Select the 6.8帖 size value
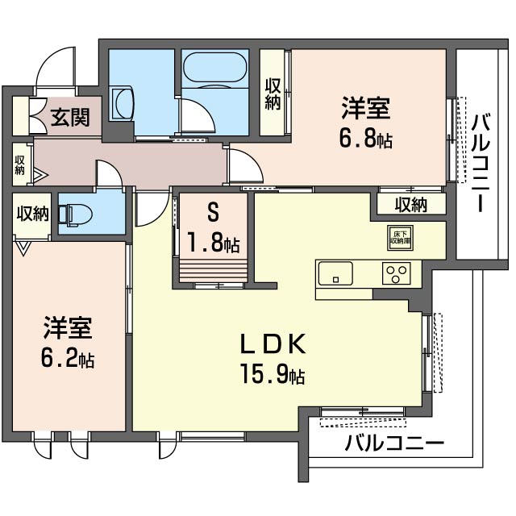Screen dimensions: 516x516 367,139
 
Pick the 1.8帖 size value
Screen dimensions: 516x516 214,243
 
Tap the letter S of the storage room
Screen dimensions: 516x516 214,214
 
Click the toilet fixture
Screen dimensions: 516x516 81,214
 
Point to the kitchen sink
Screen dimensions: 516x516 335,273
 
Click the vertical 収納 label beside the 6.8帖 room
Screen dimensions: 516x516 273,93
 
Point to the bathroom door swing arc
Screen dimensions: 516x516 195,117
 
